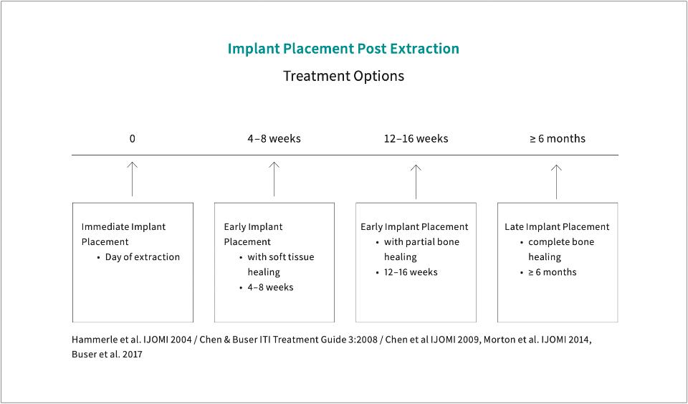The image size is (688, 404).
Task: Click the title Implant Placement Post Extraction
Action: (x=343, y=49)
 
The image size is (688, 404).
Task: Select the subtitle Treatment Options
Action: (x=343, y=75)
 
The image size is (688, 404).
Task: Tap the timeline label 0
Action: (x=132, y=138)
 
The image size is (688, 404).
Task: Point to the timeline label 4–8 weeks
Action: (x=274, y=138)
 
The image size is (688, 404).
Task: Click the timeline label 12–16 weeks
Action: (x=416, y=138)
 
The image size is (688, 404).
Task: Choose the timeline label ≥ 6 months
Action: (x=557, y=138)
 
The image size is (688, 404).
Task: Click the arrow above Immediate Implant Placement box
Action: (x=132, y=178)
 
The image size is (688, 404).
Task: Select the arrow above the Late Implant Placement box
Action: (x=557, y=181)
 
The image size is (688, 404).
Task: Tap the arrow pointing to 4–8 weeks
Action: (x=274, y=178)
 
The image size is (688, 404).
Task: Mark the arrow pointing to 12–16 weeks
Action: (x=416, y=181)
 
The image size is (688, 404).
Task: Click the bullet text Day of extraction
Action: (x=142, y=256)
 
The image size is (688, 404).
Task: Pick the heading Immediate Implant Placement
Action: (x=123, y=234)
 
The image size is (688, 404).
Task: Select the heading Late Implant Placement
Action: (x=557, y=226)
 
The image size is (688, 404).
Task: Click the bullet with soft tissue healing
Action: (x=280, y=264)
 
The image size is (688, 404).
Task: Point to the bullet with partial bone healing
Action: (x=421, y=249)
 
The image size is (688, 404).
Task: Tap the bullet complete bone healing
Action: (x=560, y=249)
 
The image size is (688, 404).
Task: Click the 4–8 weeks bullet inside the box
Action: (x=270, y=287)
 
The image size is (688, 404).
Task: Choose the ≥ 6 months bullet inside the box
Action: (x=552, y=272)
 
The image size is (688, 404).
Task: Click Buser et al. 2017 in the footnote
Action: (x=107, y=355)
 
